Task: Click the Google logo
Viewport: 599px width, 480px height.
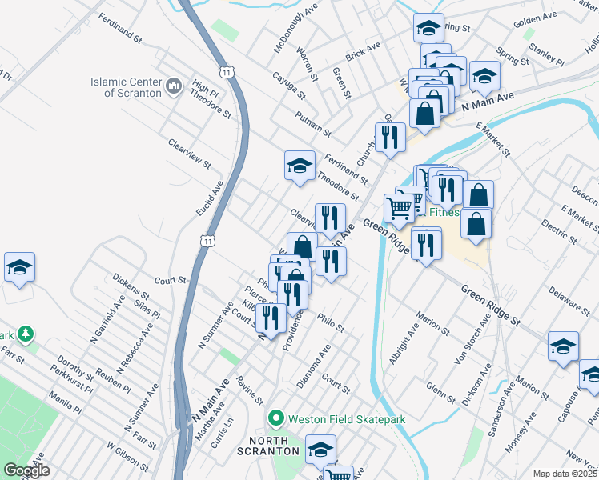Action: tap(26, 470)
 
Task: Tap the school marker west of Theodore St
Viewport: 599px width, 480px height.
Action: tap(299, 166)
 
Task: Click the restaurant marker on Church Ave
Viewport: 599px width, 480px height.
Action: tap(389, 137)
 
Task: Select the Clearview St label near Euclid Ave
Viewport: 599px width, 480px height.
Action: tap(189, 154)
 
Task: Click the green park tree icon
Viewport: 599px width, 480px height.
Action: tap(26, 332)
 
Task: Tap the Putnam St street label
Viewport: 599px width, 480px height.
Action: tap(312, 126)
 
